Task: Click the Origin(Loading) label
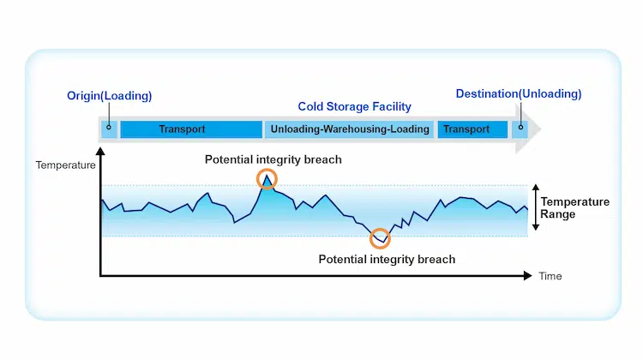coord(109,96)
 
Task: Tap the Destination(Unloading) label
coord(519,94)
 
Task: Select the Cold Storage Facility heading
coord(354,106)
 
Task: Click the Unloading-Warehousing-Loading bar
coord(350,129)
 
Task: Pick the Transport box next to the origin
coord(191,129)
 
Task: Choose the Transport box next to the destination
coord(472,129)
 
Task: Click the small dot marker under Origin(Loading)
coord(109,127)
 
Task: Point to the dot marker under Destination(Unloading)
coord(520,127)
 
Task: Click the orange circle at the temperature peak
coord(267,170)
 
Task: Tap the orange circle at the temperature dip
coord(380,228)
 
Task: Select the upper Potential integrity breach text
coord(273,159)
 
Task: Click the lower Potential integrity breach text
coord(387,260)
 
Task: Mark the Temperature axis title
coord(66,165)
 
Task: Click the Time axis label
coord(550,276)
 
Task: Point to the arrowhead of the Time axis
coord(528,275)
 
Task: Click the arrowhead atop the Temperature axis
coord(100,152)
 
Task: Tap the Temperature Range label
coord(574,208)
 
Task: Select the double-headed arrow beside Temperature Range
coord(535,207)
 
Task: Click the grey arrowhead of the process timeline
coord(528,129)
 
